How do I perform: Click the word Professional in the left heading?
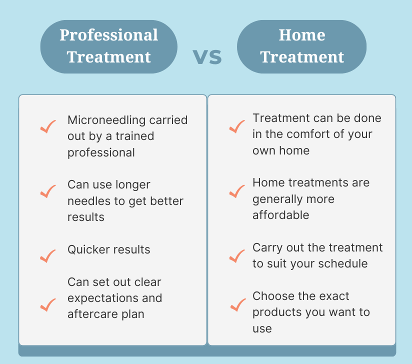(109, 35)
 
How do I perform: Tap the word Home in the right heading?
(302, 35)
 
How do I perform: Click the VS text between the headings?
(207, 57)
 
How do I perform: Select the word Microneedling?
(106, 120)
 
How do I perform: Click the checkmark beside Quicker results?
(48, 255)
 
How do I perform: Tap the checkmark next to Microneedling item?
(48, 126)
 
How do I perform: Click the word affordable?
(281, 215)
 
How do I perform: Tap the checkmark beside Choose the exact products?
(238, 305)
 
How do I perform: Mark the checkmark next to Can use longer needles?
(48, 191)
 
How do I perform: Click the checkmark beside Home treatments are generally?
(237, 191)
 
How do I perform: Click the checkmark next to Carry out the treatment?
(237, 255)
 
